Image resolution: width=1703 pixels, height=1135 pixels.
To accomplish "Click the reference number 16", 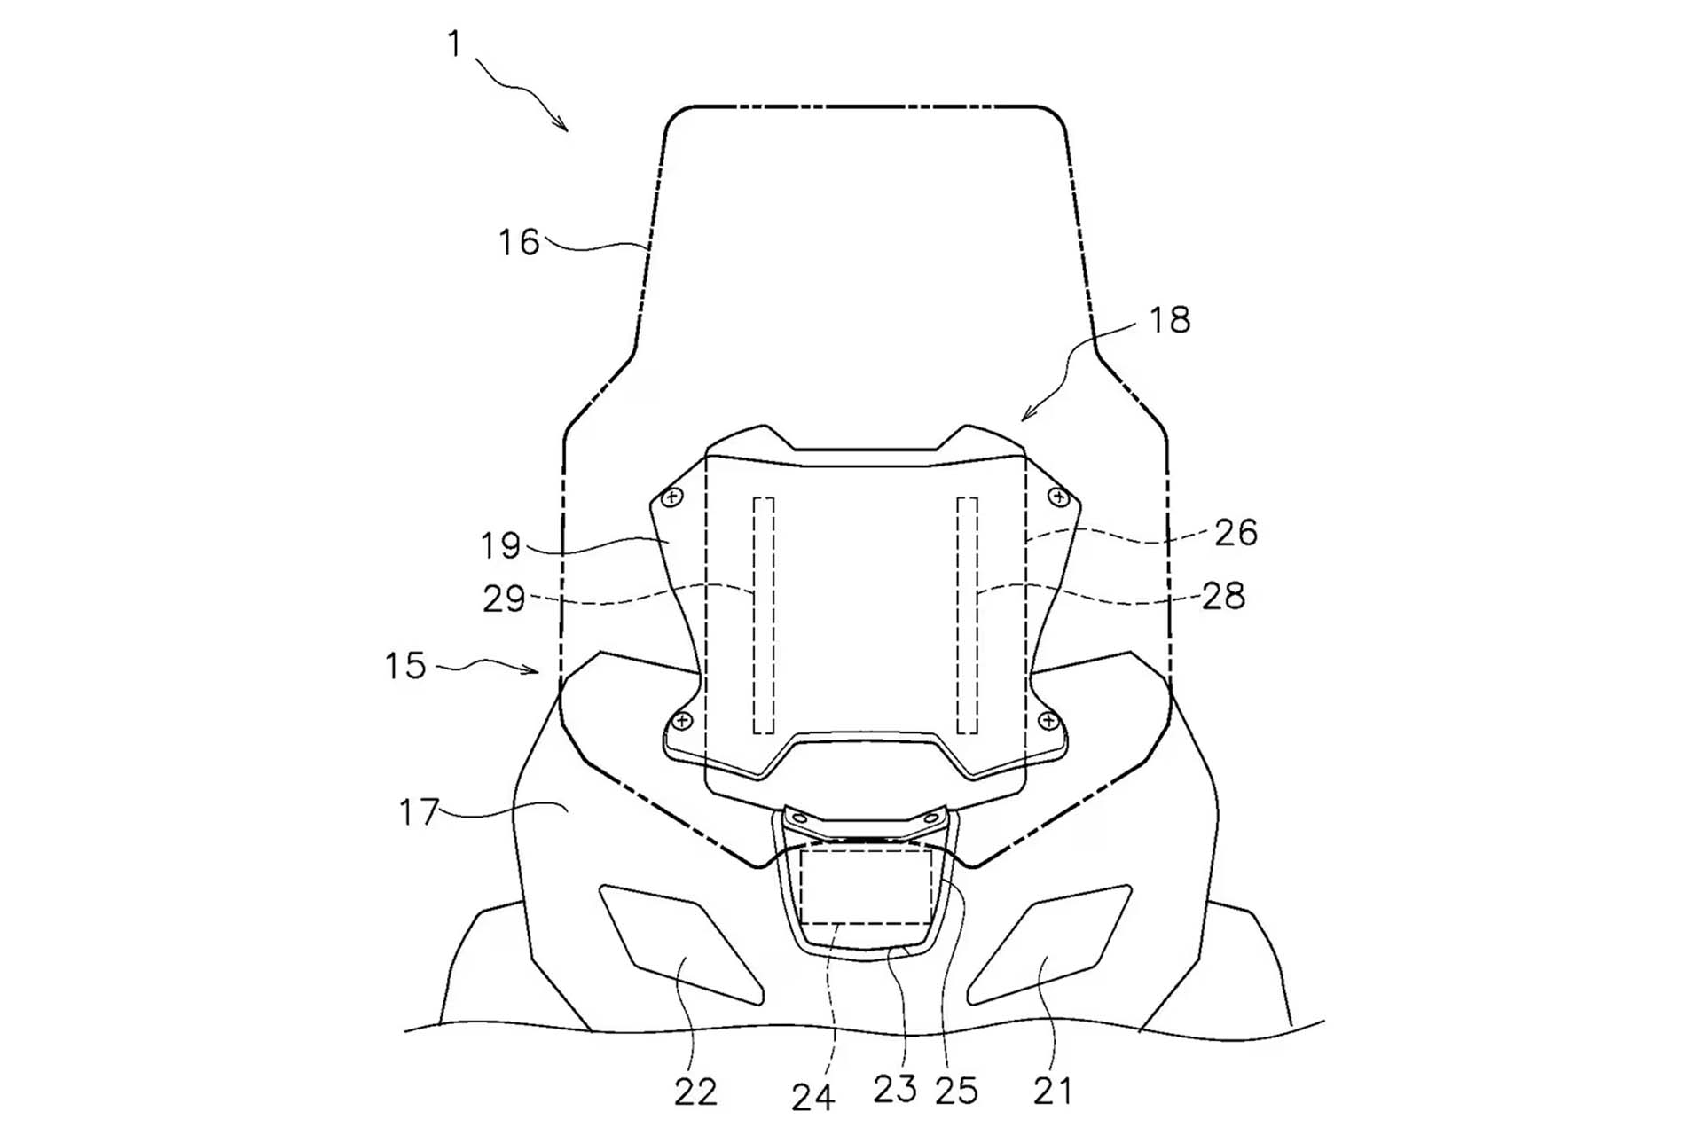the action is pyautogui.click(x=519, y=242).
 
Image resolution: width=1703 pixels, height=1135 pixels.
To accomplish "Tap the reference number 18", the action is pyautogui.click(x=1170, y=320).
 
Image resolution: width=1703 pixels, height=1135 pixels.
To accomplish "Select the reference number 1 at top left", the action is pyautogui.click(x=455, y=43).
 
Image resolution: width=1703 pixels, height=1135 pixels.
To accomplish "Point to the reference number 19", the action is pyautogui.click(x=500, y=545).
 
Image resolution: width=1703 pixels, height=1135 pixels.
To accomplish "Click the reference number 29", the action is pyautogui.click(x=504, y=599).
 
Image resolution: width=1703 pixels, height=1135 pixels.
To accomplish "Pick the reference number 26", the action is pyautogui.click(x=1236, y=533).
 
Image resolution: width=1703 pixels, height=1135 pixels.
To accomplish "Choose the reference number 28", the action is pyautogui.click(x=1224, y=596).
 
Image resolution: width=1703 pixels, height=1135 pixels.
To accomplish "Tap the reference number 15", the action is pyautogui.click(x=405, y=666).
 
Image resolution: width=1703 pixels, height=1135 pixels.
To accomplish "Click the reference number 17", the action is pyautogui.click(x=419, y=812).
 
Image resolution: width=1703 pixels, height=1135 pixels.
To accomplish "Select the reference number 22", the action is pyautogui.click(x=695, y=1092).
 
